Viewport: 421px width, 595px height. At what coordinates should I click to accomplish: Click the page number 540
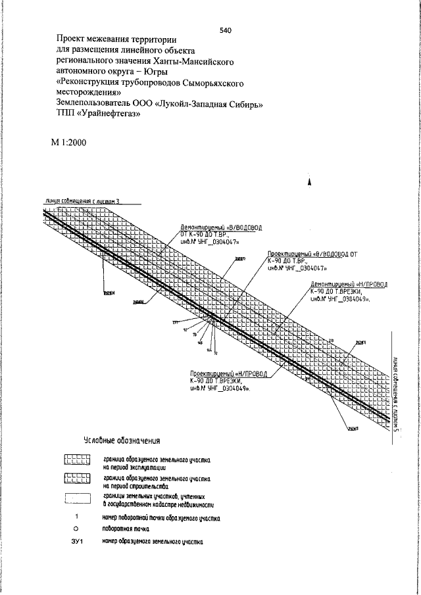coord(227,30)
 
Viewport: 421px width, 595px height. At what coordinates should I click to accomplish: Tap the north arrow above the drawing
coord(308,185)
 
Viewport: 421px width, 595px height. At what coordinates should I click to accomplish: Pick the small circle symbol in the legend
coord(76,528)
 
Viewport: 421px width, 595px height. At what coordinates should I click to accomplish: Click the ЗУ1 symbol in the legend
coord(77,542)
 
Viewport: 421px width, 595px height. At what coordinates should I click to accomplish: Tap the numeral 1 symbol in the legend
coord(77,517)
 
